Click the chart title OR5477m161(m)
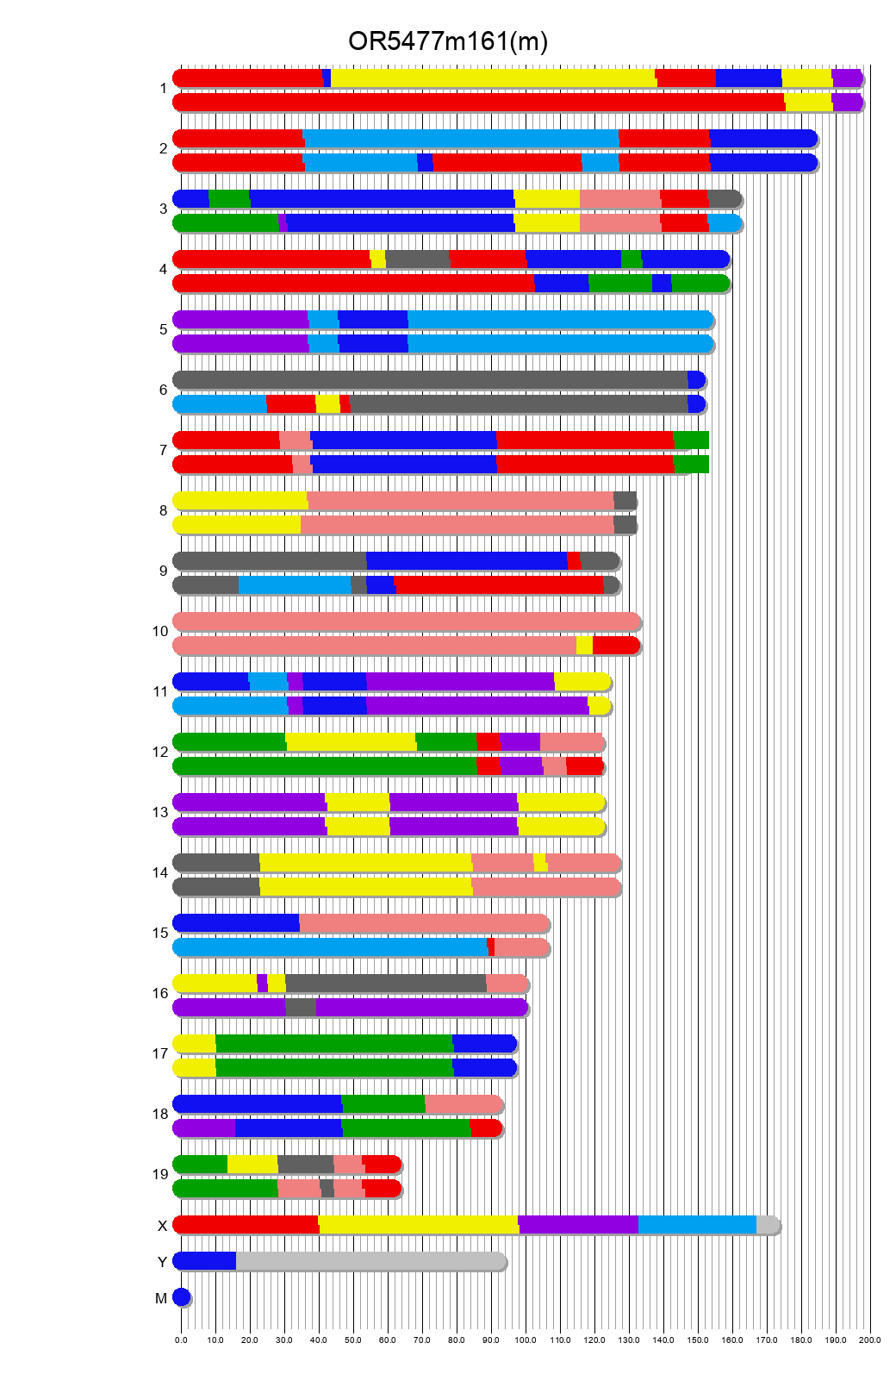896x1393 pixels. tap(447, 41)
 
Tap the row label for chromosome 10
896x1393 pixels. tap(160, 632)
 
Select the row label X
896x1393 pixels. tap(162, 1227)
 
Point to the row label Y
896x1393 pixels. tap(162, 1263)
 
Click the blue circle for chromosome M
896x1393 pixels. tap(181, 1297)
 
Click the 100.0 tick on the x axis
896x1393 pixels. tap(526, 1340)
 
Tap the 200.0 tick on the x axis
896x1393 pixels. tap(870, 1340)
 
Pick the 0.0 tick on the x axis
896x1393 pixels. tap(181, 1340)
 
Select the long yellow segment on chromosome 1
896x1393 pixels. tap(492, 78)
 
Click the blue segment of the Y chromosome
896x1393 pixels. tap(205, 1261)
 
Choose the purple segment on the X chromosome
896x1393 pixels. tap(578, 1225)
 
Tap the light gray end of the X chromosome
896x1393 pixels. tap(767, 1225)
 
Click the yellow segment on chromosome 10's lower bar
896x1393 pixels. tap(584, 646)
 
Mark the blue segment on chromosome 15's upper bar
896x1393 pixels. tap(237, 923)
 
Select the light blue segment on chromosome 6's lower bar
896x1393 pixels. tap(221, 404)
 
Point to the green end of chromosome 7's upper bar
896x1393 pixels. tap(691, 440)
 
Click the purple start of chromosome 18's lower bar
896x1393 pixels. tap(205, 1128)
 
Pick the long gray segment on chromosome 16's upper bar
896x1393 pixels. tap(385, 984)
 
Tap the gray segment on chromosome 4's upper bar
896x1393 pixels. tap(417, 259)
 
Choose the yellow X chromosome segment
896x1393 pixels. tap(418, 1225)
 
